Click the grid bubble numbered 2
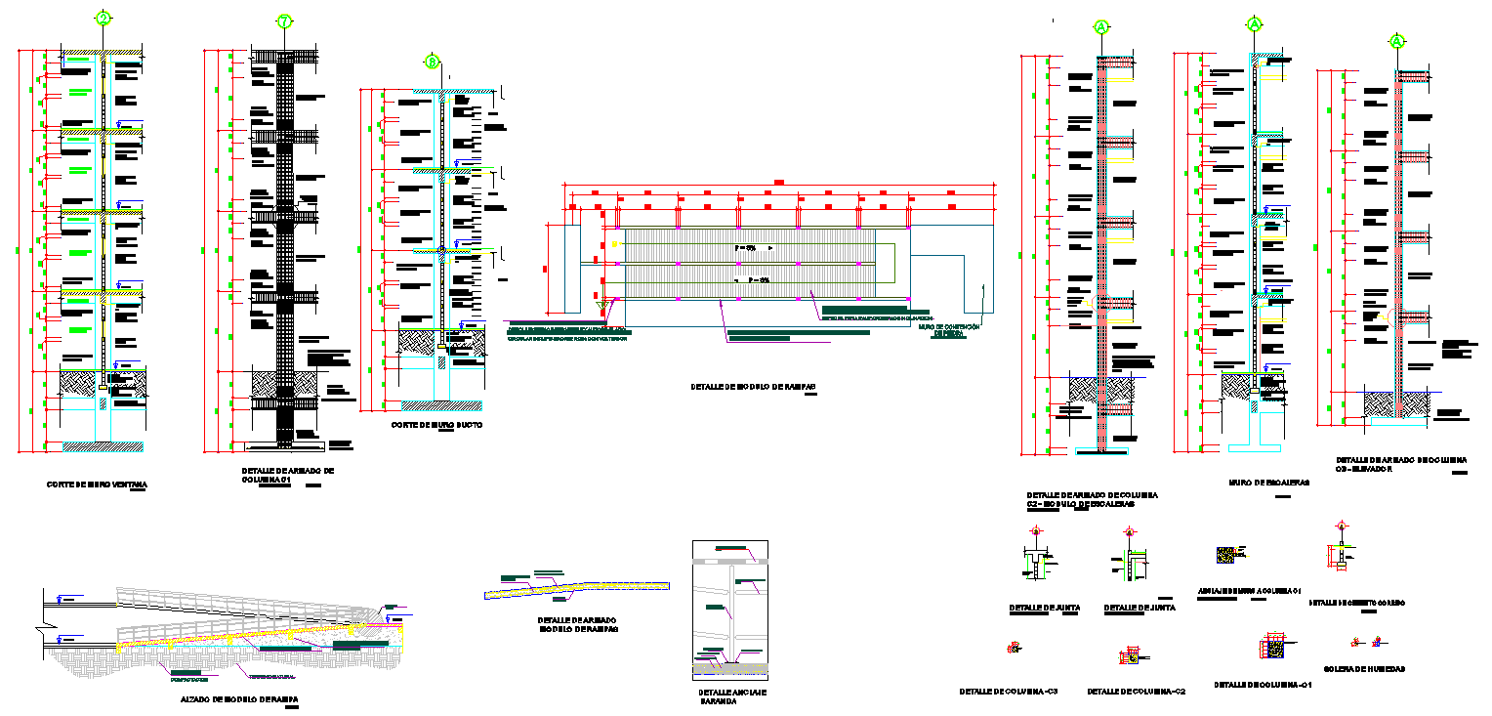point(103,19)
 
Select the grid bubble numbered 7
point(284,21)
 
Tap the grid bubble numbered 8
point(433,63)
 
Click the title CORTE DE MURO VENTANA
point(98,484)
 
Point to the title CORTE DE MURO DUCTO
point(436,426)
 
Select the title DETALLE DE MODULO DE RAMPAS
point(752,387)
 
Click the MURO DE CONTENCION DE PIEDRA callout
point(951,330)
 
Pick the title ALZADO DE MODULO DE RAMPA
point(239,699)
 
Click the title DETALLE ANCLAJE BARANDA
point(732,696)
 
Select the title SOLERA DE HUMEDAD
point(1364,669)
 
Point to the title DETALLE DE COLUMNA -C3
point(1009,691)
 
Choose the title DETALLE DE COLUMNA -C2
point(1136,692)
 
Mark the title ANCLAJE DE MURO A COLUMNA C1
point(1250,591)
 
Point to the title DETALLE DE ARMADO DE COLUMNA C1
point(287,475)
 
